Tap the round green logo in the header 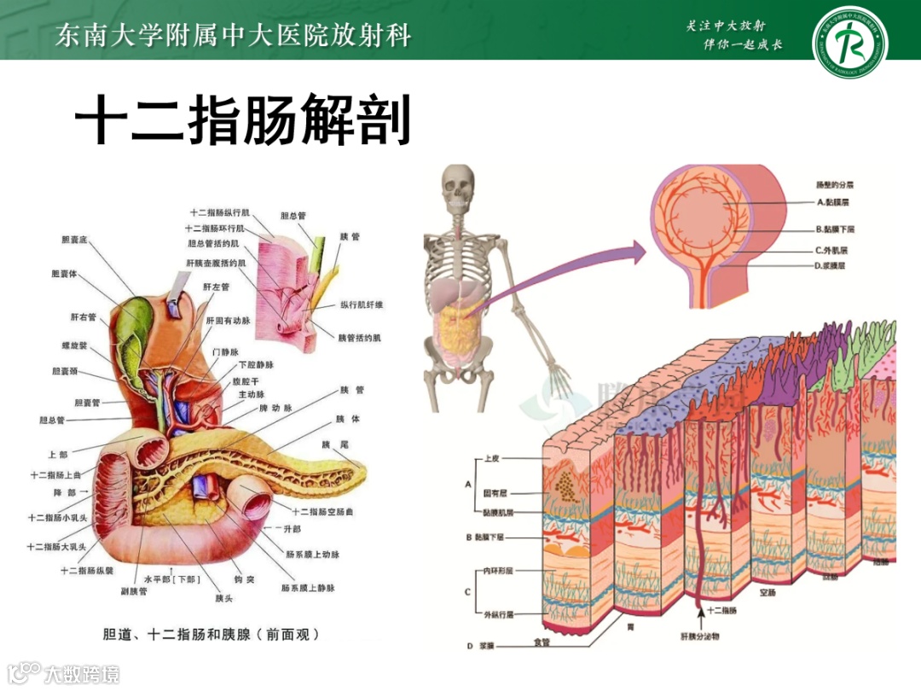pyautogui.click(x=849, y=39)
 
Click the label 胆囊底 pyautogui.click(x=75, y=240)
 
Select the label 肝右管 pyautogui.click(x=83, y=316)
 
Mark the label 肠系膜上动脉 pyautogui.click(x=313, y=555)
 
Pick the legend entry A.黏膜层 pyautogui.click(x=832, y=203)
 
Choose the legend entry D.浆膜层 pyautogui.click(x=831, y=266)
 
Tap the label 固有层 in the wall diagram pyautogui.click(x=497, y=493)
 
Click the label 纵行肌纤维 pyautogui.click(x=362, y=305)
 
